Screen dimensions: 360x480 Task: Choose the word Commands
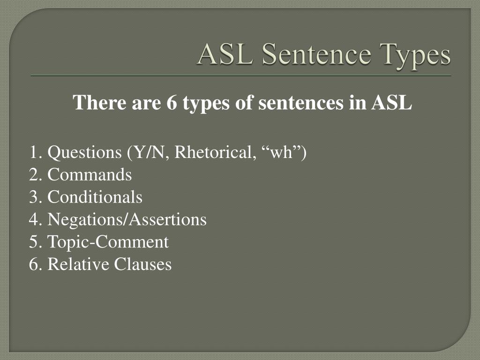coord(90,175)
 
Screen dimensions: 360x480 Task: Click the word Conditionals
coord(95,197)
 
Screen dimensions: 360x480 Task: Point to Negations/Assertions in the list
coord(127,219)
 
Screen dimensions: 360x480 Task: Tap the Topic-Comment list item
coord(108,242)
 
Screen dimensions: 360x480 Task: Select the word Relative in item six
coord(78,264)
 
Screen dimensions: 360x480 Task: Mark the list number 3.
coord(33,197)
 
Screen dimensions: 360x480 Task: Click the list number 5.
coord(33,242)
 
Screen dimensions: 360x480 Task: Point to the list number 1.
coord(33,152)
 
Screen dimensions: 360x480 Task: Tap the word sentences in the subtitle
coord(299,103)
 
